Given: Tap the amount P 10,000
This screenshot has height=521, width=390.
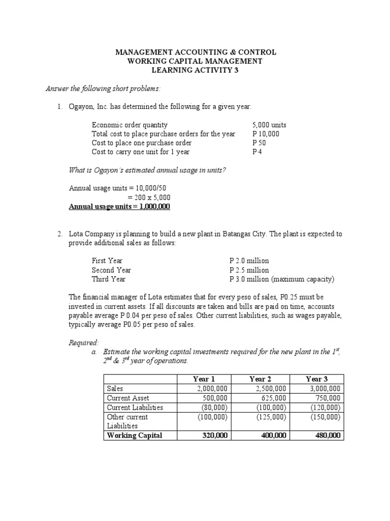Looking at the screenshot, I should [x=266, y=134].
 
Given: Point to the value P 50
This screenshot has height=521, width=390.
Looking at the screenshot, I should [x=259, y=143].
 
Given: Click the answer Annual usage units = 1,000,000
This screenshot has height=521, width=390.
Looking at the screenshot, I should [x=120, y=207].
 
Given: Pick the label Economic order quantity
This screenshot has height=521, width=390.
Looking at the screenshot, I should [x=129, y=125].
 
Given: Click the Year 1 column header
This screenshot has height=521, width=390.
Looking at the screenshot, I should [x=204, y=379].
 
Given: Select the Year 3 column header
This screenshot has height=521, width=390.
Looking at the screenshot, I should [x=317, y=379].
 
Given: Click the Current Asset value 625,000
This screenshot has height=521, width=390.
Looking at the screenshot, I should [x=273, y=398].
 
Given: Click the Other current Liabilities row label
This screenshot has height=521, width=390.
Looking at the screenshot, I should [x=127, y=421].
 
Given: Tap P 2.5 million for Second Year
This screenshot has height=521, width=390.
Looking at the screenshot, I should [x=249, y=270].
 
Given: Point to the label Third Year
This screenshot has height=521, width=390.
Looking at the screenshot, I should [x=109, y=279].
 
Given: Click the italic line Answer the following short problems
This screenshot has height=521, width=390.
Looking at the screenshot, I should [x=103, y=89].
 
